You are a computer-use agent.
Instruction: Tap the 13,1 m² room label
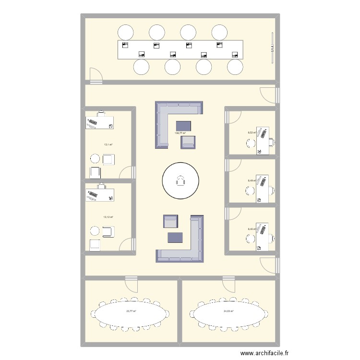coord(108,144)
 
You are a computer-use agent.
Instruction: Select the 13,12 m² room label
coord(108,216)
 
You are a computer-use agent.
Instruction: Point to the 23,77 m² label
coord(131,312)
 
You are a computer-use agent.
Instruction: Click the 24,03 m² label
coord(228,312)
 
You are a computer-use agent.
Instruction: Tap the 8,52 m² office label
coord(251,133)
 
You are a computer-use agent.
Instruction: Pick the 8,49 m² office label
coord(251,181)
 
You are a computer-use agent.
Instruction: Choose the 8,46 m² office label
coord(251,229)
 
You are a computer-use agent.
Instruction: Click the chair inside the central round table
coord(180,181)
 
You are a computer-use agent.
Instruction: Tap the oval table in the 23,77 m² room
coord(131,315)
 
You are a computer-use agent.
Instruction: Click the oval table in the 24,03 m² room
coord(228,315)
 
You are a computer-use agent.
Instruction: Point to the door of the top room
coord(96,76)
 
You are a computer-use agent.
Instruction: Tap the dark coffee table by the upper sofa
coord(183,126)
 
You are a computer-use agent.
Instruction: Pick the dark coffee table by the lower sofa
coord(175,237)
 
